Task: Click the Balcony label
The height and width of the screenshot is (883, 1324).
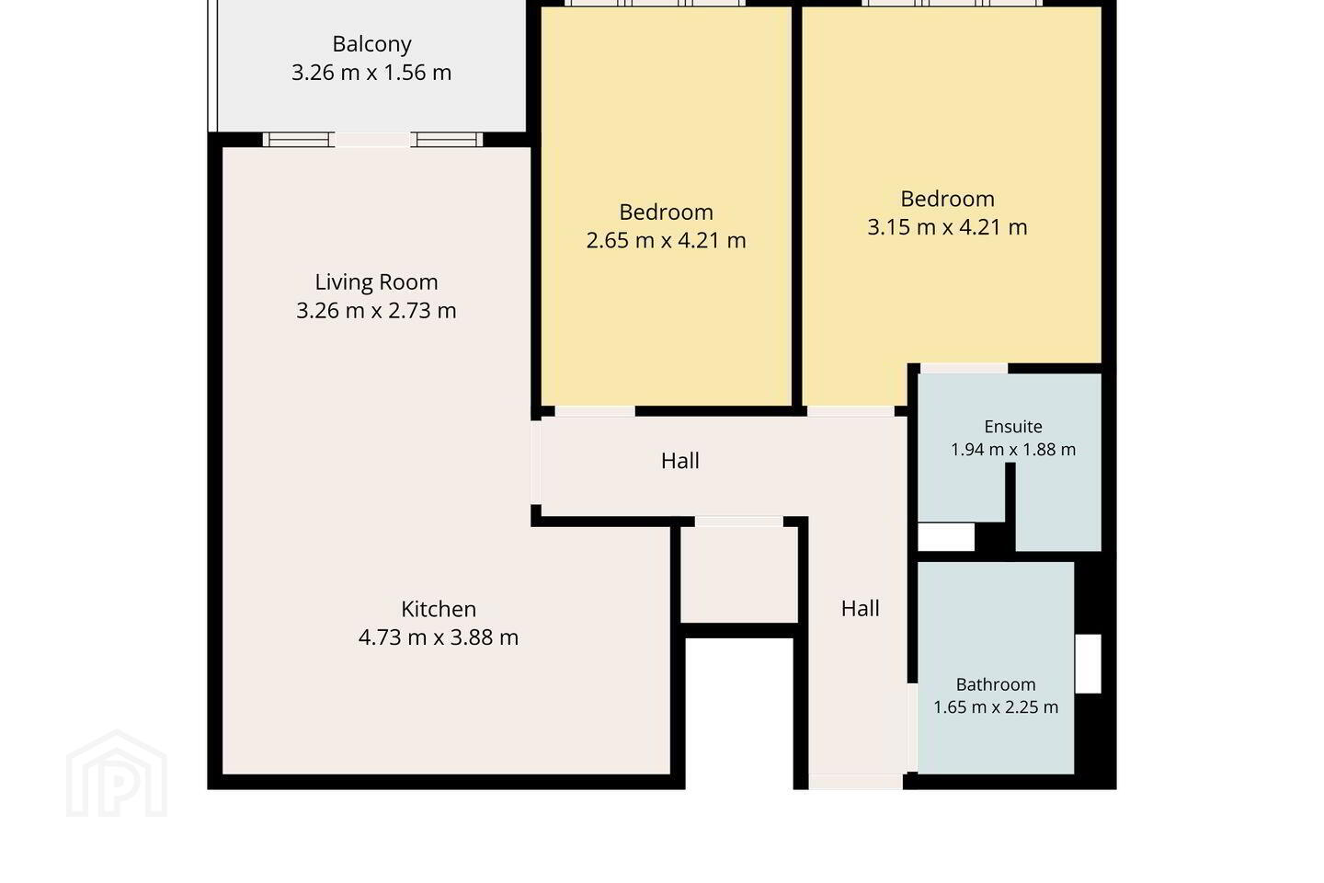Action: tap(371, 44)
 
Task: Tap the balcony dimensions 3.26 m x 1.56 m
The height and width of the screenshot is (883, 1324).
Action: tap(371, 73)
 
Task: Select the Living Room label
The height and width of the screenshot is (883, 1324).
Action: tap(377, 282)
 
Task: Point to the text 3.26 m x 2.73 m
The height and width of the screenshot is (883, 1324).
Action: tap(377, 311)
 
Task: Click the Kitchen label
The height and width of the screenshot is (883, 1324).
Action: tap(439, 609)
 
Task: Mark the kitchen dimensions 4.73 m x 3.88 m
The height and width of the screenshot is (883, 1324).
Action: tap(439, 637)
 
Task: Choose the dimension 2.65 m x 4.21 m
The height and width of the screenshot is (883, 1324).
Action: tap(666, 241)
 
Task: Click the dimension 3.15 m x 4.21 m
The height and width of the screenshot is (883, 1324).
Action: tap(947, 227)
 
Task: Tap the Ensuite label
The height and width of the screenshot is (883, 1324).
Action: tap(1013, 427)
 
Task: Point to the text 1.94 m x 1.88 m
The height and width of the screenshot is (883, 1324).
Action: tap(1013, 450)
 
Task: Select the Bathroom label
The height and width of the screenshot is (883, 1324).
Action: tap(996, 684)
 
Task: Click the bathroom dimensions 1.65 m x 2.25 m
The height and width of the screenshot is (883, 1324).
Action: tap(996, 707)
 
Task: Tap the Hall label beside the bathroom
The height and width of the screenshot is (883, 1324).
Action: tap(860, 609)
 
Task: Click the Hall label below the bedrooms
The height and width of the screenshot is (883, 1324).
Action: tap(679, 461)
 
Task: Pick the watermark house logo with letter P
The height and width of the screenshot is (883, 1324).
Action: tap(117, 774)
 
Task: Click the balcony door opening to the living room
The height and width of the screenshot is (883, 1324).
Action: tap(373, 140)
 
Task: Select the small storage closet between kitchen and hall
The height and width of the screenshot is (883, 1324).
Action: tap(739, 574)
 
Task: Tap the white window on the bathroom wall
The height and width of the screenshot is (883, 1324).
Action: tap(1089, 663)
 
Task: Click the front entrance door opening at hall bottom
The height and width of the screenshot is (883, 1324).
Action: tap(856, 782)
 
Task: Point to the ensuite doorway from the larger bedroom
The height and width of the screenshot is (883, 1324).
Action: tap(964, 369)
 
